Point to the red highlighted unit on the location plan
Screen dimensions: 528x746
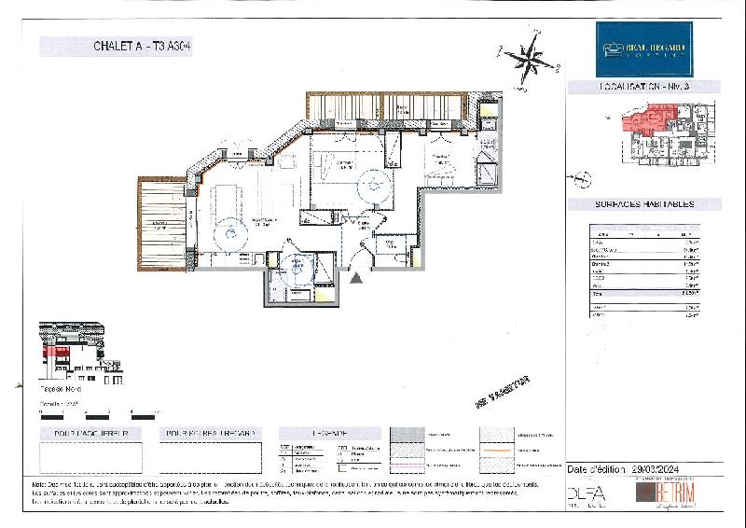pos(643,121)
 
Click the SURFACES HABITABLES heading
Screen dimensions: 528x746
pos(644,203)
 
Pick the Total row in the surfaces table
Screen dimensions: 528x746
pos(644,292)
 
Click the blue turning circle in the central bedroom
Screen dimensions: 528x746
pos(375,184)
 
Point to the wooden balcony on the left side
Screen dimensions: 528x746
pos(163,220)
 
